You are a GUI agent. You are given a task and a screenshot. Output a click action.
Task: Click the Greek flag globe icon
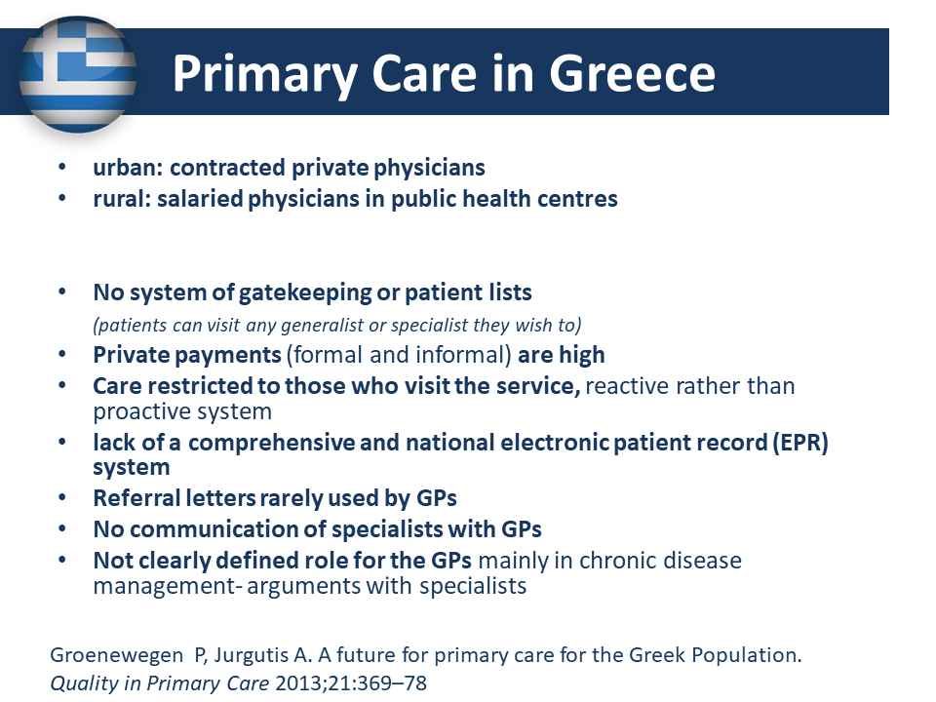[x=78, y=74]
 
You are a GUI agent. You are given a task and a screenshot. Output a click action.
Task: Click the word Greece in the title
[x=632, y=74]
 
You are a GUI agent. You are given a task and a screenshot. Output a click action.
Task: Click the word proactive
[x=140, y=411]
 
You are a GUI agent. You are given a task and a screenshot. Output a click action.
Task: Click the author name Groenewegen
[x=116, y=655]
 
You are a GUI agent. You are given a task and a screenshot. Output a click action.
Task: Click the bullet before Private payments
[x=62, y=354]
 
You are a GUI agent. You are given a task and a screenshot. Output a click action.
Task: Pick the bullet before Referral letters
[x=62, y=497]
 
